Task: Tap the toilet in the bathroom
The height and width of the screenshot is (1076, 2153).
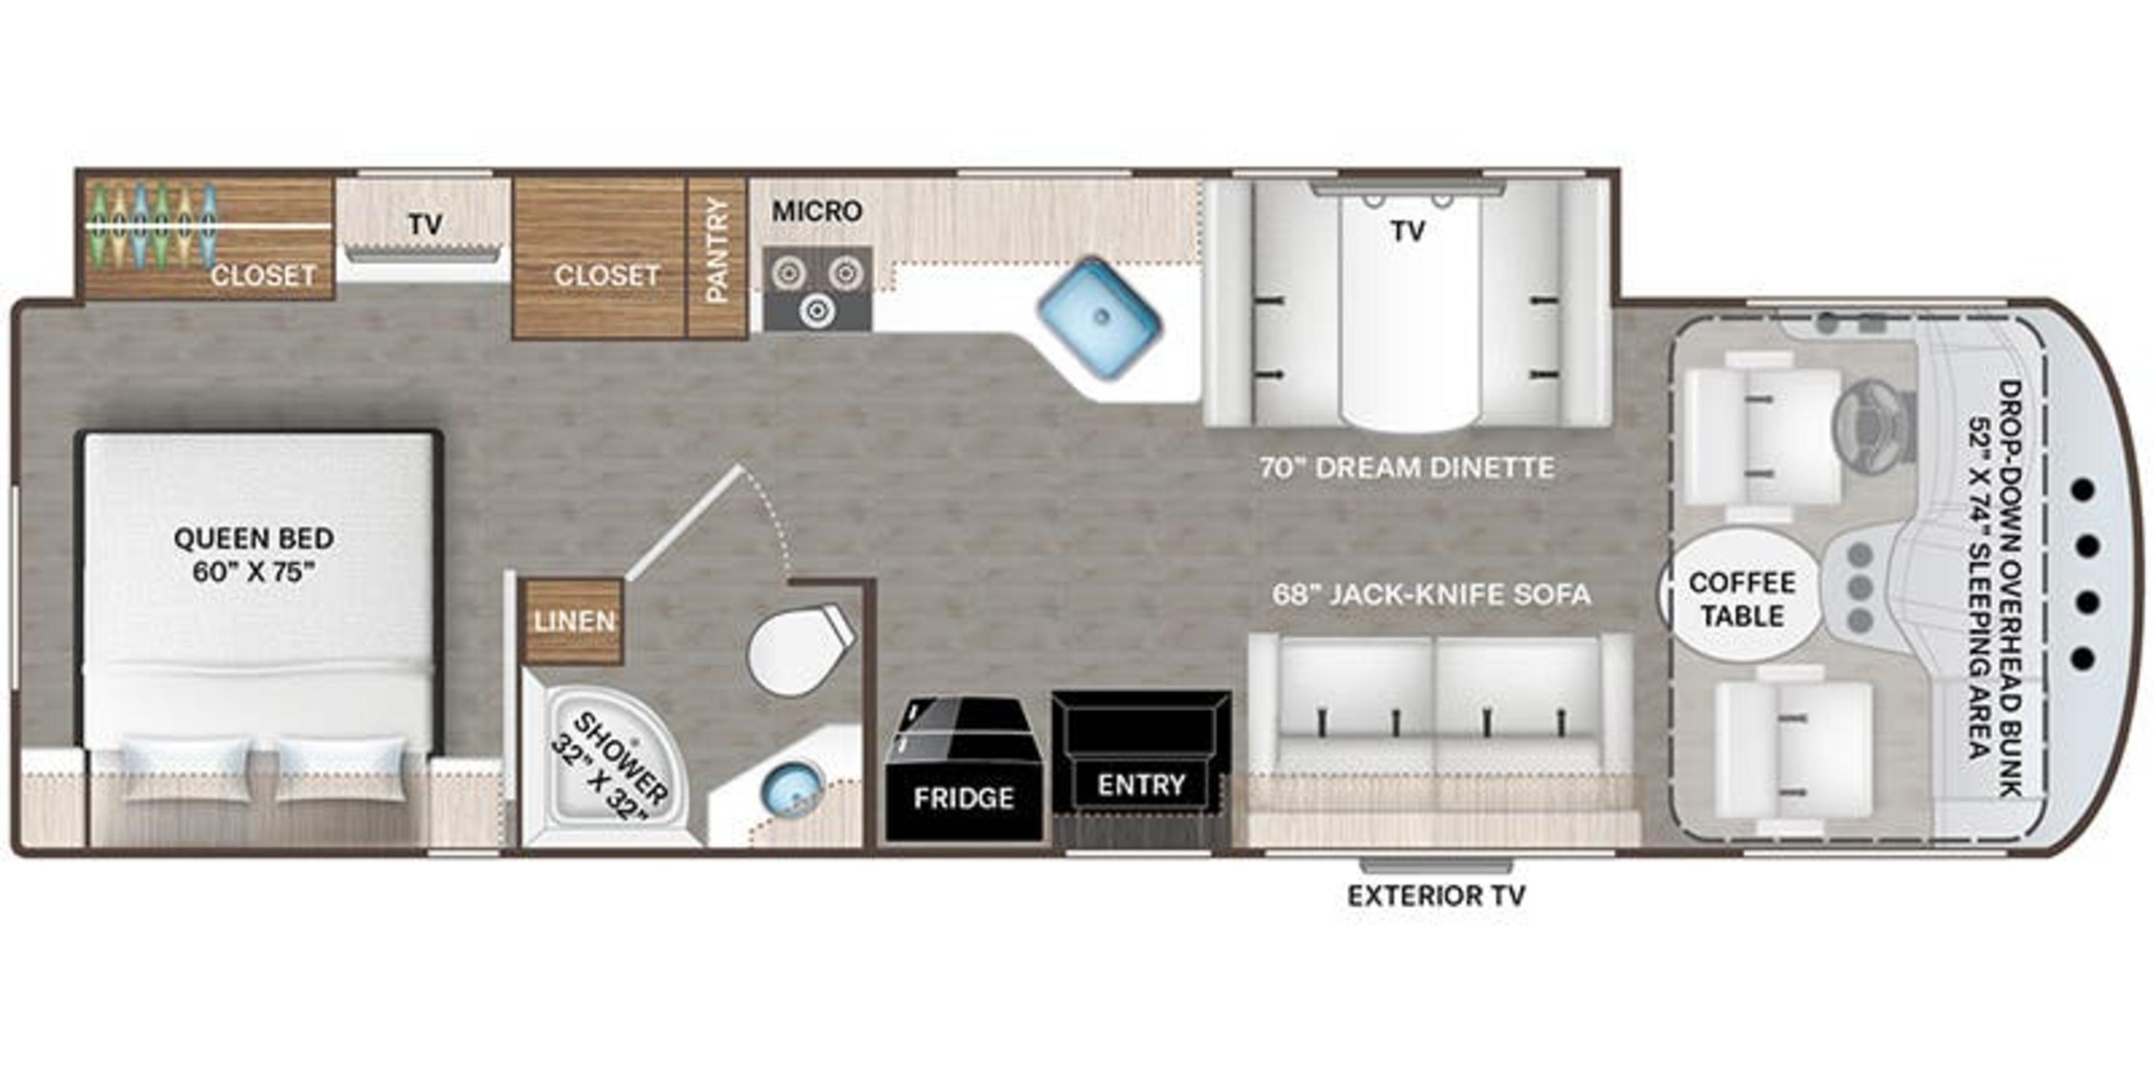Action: (x=794, y=649)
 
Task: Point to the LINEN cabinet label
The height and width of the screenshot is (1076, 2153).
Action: (x=574, y=621)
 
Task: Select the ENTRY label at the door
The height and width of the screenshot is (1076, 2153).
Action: (x=1141, y=785)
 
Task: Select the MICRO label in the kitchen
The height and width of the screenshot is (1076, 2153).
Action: (x=816, y=211)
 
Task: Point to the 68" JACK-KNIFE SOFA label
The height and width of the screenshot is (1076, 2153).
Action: (x=1431, y=595)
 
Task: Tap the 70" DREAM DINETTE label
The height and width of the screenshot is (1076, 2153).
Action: (x=1407, y=468)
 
